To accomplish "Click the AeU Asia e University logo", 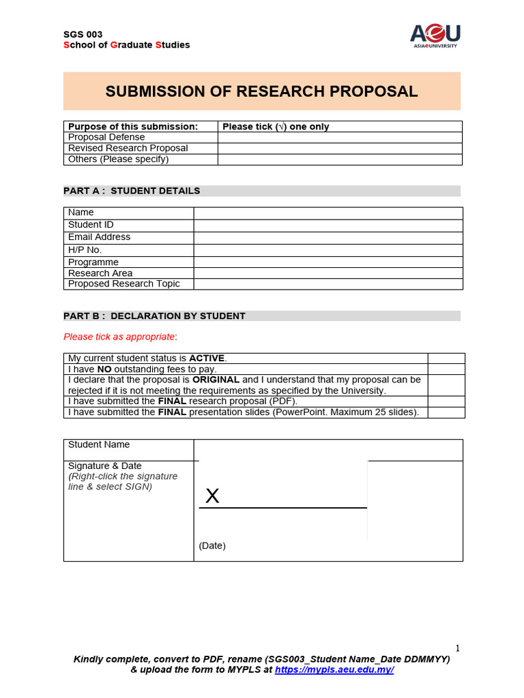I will point(435,35).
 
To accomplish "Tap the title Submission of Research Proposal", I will point(261,91).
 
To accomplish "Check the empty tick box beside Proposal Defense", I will point(340,138).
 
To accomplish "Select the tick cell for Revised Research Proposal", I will point(340,149).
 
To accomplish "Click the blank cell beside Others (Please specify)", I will point(340,160).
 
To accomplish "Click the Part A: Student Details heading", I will point(132,191).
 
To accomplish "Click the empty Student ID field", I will point(328,225).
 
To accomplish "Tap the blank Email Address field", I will point(328,238).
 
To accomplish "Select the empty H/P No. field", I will point(328,250).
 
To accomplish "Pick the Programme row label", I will point(93,262).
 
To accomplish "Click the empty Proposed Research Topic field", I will point(328,284).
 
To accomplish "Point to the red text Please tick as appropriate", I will point(119,337).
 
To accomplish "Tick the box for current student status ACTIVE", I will point(446,359).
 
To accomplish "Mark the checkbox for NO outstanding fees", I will point(446,369).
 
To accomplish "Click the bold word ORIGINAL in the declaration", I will point(216,380).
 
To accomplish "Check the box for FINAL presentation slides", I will point(446,412).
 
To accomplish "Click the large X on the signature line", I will point(212,496).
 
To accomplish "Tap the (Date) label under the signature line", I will point(212,546).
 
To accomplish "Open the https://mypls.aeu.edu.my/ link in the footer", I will point(334,670).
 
